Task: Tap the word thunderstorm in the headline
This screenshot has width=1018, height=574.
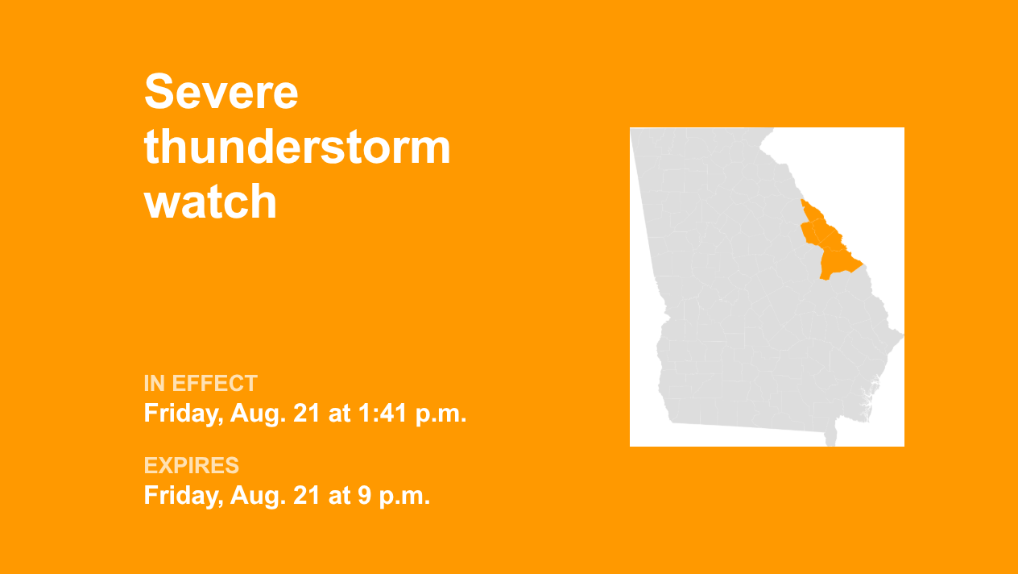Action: click(x=297, y=147)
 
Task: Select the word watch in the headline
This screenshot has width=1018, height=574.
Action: click(x=210, y=201)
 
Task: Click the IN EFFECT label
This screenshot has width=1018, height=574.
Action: click(x=201, y=383)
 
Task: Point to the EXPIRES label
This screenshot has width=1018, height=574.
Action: click(x=192, y=465)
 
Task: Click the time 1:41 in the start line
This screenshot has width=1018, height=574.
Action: click(x=382, y=413)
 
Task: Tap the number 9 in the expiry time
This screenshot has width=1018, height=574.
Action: click(x=364, y=495)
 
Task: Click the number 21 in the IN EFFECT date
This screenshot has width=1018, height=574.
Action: click(x=306, y=413)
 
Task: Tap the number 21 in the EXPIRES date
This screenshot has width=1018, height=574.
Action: click(x=306, y=495)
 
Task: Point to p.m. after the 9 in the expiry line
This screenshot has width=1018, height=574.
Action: click(x=404, y=497)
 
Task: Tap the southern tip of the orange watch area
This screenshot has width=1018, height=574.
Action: click(x=821, y=279)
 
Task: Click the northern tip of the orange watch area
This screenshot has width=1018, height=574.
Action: click(x=801, y=200)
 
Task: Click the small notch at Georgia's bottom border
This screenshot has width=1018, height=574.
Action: click(x=830, y=438)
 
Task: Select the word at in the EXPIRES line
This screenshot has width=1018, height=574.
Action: click(x=338, y=496)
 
